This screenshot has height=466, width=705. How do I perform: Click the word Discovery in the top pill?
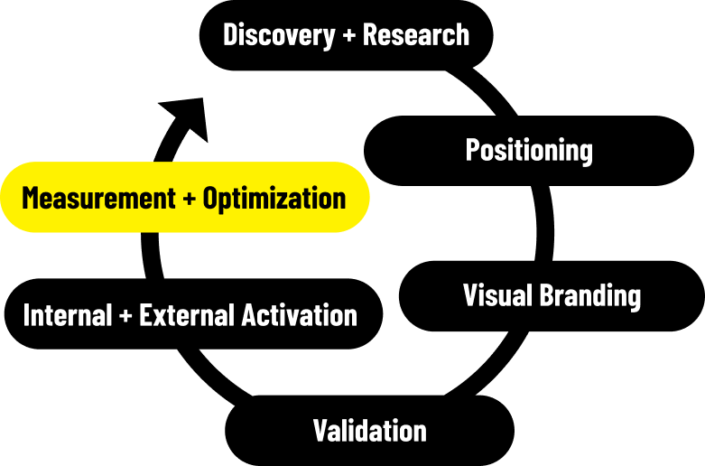point(279,35)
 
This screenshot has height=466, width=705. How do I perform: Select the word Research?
point(416,34)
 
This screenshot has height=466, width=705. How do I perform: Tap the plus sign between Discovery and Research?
point(349,35)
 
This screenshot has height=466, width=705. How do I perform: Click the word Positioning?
point(529,151)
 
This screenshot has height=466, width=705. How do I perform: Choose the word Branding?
point(589,296)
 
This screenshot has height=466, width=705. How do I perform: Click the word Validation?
point(369,431)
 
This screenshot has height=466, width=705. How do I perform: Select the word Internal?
point(68,315)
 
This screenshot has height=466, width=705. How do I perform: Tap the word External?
point(187,315)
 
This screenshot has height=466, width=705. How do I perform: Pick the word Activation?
point(300,315)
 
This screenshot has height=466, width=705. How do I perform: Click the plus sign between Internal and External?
point(125,315)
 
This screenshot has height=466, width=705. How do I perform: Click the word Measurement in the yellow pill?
point(98,198)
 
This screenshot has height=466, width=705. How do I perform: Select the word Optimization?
point(274,199)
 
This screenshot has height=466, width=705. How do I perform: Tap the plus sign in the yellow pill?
point(190,199)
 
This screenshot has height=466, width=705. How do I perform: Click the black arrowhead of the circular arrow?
point(187,117)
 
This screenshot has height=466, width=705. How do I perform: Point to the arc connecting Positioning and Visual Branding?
point(545,223)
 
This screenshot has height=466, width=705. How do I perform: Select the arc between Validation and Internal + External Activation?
point(211,374)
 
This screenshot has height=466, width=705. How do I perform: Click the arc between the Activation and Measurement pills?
point(151,256)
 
